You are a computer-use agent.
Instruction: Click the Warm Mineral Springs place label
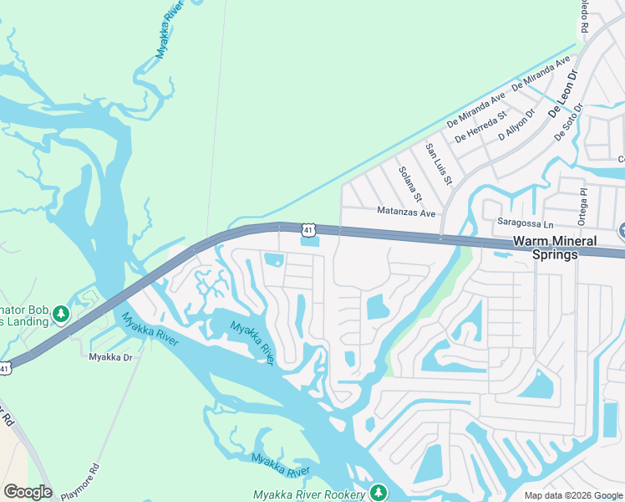[555, 248]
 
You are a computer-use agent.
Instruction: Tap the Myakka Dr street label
[111, 356]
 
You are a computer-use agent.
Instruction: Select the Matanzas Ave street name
[406, 213]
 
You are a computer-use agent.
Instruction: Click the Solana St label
[409, 188]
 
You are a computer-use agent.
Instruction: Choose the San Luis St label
[439, 164]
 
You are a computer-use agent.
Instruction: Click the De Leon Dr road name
[563, 93]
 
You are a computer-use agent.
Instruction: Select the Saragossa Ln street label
[526, 223]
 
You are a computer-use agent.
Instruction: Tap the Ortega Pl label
[584, 206]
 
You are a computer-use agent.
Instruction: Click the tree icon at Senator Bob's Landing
[60, 315]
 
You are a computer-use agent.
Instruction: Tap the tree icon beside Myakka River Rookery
[379, 492]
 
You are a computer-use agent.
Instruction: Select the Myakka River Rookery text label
[309, 494]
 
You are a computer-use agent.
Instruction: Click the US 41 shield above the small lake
[309, 229]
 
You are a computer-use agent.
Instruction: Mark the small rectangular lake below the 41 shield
[309, 243]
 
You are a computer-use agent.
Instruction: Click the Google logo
[28, 492]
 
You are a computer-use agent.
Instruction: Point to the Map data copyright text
[572, 495]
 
